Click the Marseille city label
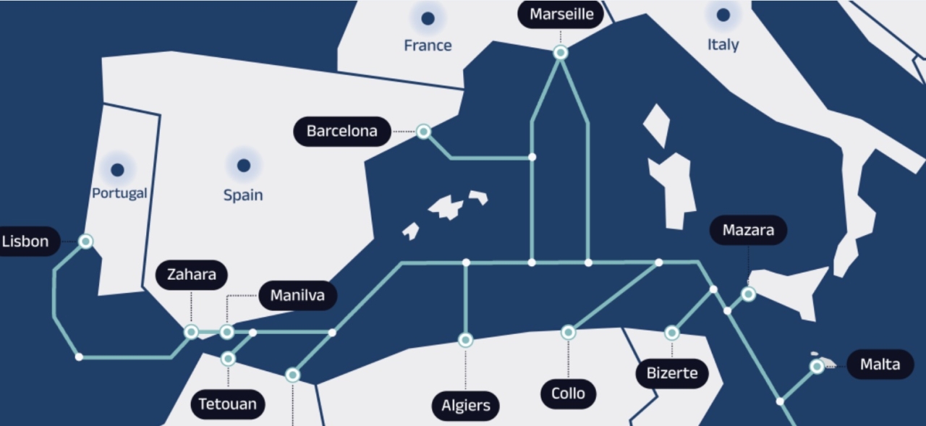[561, 14]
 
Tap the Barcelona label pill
[342, 131]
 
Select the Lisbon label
[26, 241]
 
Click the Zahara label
[192, 275]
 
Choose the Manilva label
[297, 295]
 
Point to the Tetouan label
[228, 404]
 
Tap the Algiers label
[466, 406]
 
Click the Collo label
[568, 394]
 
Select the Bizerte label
[672, 374]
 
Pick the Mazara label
[748, 231]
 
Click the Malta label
[880, 365]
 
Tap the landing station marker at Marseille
[561, 52]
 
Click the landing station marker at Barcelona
[424, 132]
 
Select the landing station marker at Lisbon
[85, 242]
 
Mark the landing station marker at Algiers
[466, 340]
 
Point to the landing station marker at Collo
[568, 333]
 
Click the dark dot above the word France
[428, 19]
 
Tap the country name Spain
[243, 195]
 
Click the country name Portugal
[119, 194]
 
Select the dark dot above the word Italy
[723, 15]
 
